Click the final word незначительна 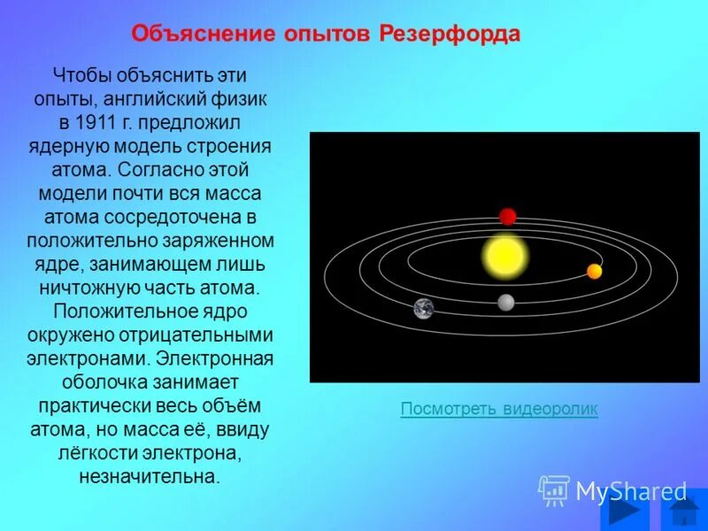pyautogui.click(x=149, y=477)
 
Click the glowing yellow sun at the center pyautogui.click(x=504, y=257)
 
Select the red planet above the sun pyautogui.click(x=507, y=217)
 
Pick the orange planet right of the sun pyautogui.click(x=594, y=271)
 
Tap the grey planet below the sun pyautogui.click(x=505, y=303)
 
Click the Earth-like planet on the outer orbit pyautogui.click(x=424, y=308)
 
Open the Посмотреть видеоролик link pyautogui.click(x=499, y=409)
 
